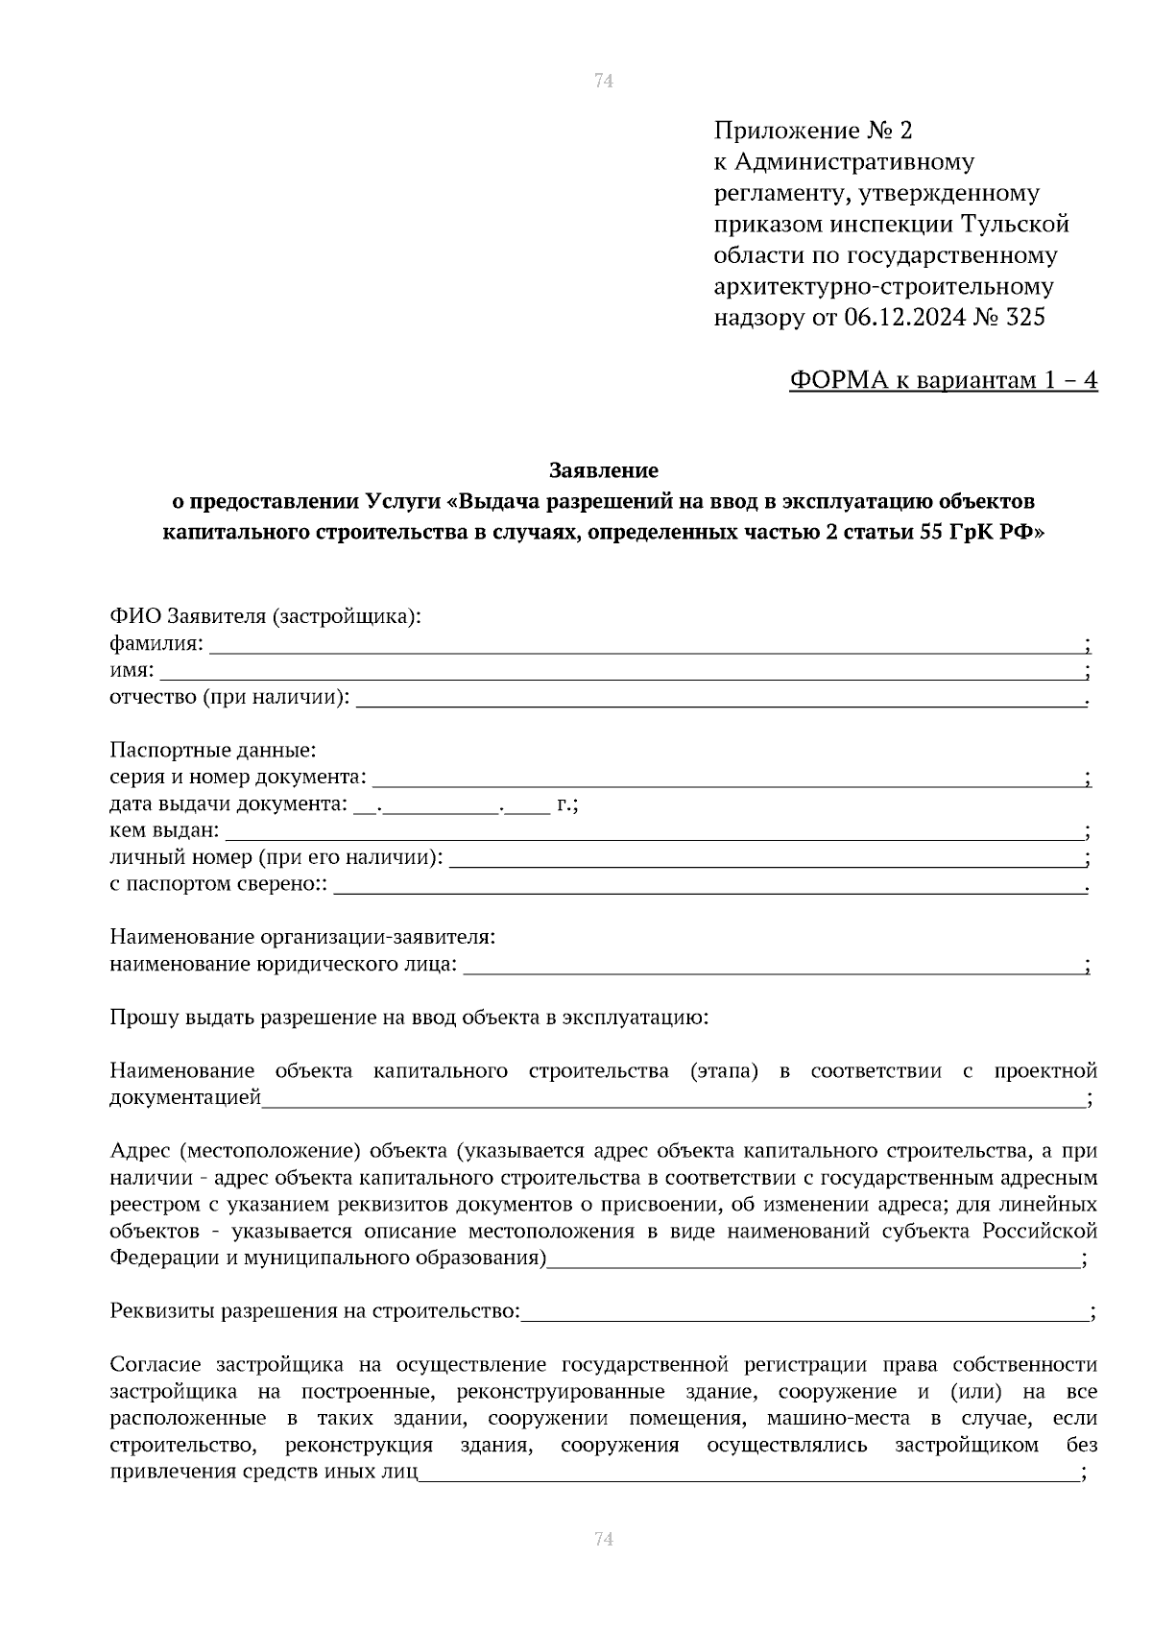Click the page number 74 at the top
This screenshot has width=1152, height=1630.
pos(603,81)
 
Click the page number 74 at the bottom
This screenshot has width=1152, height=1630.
pos(603,1539)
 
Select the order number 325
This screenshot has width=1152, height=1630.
pos(1025,318)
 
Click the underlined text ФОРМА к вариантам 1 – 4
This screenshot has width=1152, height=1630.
pos(943,381)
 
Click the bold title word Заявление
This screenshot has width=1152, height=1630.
pos(603,470)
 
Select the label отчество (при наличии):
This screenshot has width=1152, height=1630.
pos(229,697)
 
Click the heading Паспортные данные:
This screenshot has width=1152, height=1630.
pos(212,749)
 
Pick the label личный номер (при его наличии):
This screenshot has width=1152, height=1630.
pos(276,856)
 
